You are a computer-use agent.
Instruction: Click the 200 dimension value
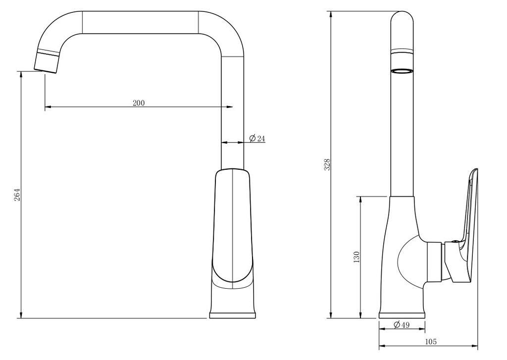pos(139,103)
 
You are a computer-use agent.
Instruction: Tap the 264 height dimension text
pos(17,195)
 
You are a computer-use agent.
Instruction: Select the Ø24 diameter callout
pos(257,138)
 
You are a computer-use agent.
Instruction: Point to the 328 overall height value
pos(327,164)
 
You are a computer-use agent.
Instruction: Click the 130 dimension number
pos(356,257)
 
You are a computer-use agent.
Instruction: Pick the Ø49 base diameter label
pos(402,324)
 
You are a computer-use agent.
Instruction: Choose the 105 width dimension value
pos(430,341)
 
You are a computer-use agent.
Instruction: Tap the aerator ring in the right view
pos(402,71)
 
